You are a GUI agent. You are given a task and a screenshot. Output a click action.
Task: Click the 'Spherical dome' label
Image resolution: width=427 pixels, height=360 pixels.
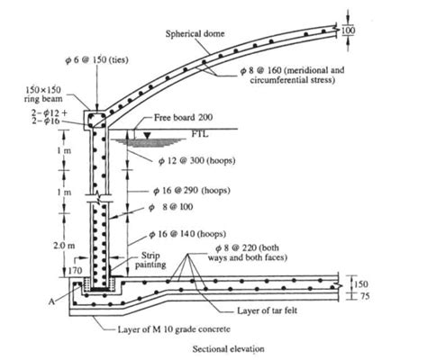pyautogui.click(x=195, y=33)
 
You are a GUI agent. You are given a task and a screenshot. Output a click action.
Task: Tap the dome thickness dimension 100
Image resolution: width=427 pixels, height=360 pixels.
pyautogui.click(x=349, y=31)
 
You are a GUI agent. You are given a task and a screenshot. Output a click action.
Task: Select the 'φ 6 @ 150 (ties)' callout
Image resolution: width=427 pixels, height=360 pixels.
pyautogui.click(x=96, y=60)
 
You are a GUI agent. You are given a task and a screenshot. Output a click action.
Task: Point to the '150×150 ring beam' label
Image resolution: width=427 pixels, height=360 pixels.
pyautogui.click(x=43, y=94)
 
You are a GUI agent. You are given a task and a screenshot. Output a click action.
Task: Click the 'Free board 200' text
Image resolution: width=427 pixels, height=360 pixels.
pyautogui.click(x=183, y=117)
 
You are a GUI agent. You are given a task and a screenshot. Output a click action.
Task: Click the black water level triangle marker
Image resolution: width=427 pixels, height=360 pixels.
pyautogui.click(x=147, y=135)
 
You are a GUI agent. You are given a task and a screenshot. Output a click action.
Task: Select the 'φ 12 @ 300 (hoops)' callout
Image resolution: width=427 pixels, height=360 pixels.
pyautogui.click(x=197, y=161)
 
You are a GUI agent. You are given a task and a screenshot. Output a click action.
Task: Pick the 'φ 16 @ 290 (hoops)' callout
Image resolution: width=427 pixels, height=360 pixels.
pyautogui.click(x=192, y=191)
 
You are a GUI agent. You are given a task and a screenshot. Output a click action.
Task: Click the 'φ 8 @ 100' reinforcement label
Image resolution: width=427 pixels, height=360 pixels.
pyautogui.click(x=171, y=207)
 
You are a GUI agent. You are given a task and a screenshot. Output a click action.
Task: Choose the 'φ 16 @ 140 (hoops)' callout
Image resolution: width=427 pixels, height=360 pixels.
pyautogui.click(x=187, y=234)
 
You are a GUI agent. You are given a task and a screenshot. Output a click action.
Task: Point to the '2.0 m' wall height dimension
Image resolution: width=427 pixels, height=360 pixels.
pyautogui.click(x=64, y=246)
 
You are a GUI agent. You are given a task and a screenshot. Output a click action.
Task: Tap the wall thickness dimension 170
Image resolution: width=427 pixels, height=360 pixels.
pyautogui.click(x=75, y=271)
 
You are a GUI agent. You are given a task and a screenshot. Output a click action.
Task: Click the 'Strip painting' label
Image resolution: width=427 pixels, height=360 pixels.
pyautogui.click(x=150, y=260)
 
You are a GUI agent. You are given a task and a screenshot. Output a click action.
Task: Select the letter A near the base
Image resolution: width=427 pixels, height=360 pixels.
pyautogui.click(x=51, y=301)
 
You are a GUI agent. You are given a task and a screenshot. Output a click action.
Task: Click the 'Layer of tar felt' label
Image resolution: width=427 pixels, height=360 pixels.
pyautogui.click(x=268, y=310)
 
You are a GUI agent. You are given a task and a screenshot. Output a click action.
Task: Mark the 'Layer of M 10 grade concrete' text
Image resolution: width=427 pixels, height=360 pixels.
pyautogui.click(x=174, y=329)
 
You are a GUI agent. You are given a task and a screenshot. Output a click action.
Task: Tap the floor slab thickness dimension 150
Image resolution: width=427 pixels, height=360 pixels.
pyautogui.click(x=360, y=284)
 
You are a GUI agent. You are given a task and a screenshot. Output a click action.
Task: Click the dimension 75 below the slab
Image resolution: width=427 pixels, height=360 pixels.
pyautogui.click(x=365, y=296)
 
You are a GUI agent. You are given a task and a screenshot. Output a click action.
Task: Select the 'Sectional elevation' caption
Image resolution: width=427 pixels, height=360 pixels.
pyautogui.click(x=229, y=349)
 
